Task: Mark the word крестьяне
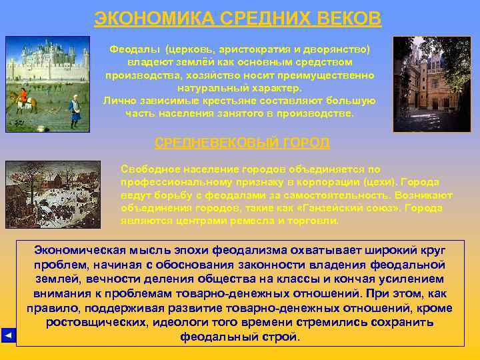click(225, 101)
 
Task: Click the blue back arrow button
click(7, 335)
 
